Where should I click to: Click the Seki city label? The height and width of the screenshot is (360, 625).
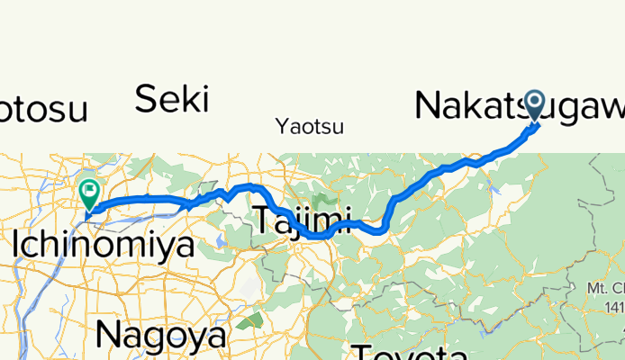click(x=172, y=99)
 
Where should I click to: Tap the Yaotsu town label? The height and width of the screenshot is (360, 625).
click(x=310, y=127)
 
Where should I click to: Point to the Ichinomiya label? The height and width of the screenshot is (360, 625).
click(x=104, y=242)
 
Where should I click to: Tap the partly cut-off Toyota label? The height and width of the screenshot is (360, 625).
click(x=409, y=352)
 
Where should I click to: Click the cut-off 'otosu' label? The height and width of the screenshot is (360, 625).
click(x=43, y=110)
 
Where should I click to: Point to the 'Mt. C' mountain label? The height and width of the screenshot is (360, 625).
click(x=603, y=289)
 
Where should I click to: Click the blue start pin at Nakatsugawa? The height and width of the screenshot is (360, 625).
click(x=534, y=106)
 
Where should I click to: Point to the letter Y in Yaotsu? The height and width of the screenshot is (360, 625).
click(x=282, y=127)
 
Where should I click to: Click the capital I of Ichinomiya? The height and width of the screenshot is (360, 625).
click(x=19, y=242)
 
